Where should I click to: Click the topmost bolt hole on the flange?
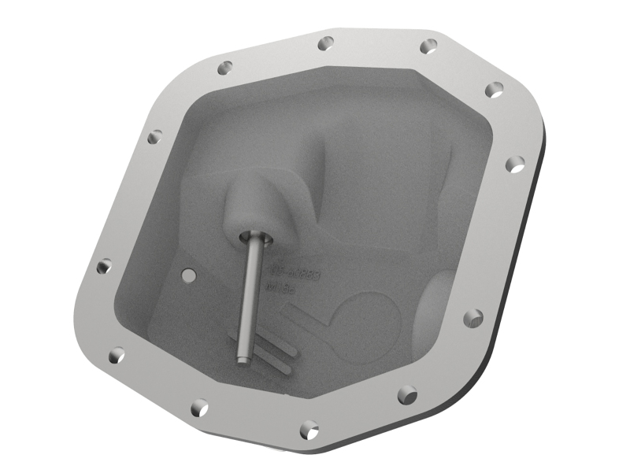click(325, 42)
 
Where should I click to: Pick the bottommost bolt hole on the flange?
click(309, 429)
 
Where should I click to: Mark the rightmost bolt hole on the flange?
click(514, 164)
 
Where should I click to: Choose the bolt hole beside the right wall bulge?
click(472, 318)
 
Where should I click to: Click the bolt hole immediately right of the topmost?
click(429, 46)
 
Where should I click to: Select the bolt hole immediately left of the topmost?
click(224, 68)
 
